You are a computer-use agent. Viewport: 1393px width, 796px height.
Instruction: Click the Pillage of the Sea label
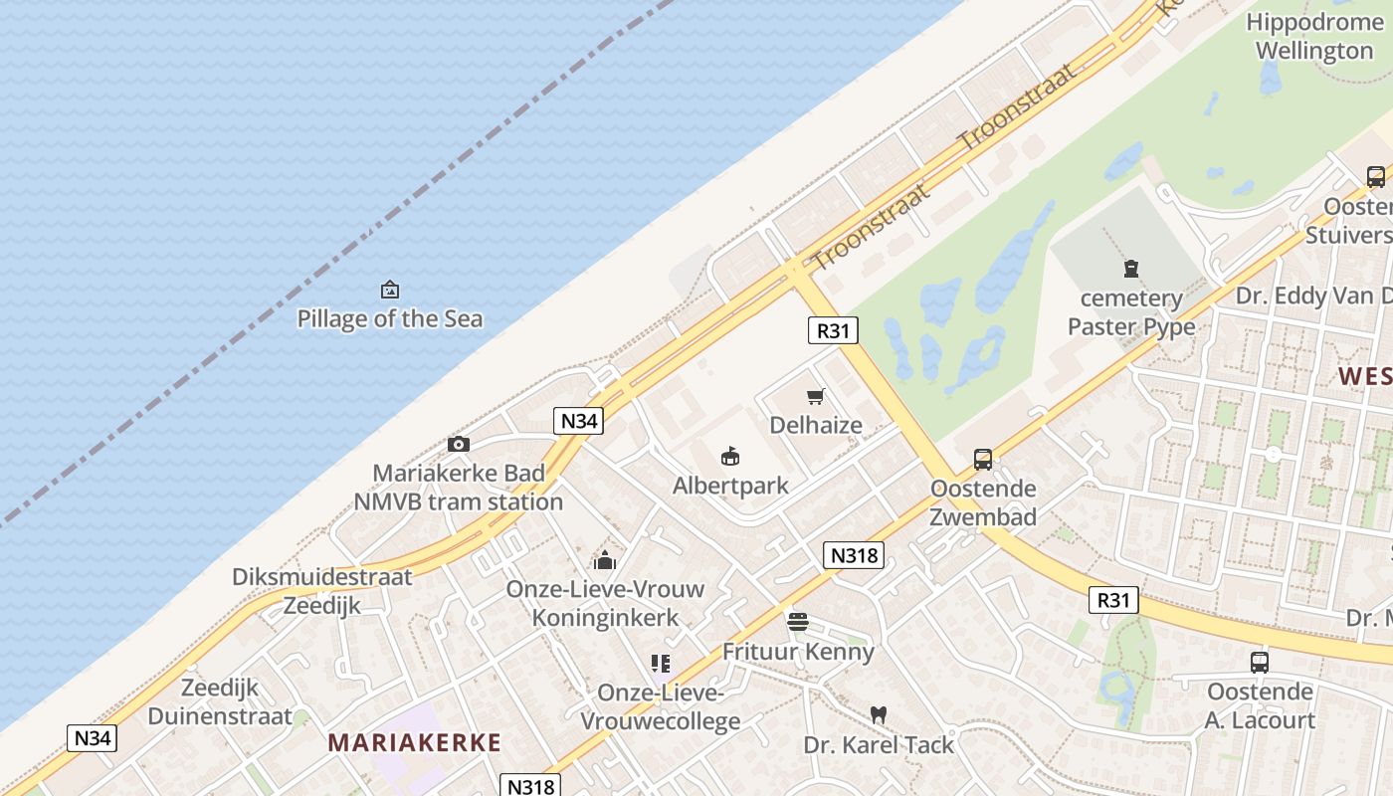[390, 318]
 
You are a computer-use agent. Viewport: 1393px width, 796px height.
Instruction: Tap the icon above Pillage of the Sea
[390, 290]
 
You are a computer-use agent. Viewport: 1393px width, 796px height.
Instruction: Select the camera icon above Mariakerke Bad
[459, 444]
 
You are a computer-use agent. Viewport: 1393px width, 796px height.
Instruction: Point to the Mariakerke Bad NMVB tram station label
[459, 488]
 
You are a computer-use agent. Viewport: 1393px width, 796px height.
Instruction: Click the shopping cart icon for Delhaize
[816, 396]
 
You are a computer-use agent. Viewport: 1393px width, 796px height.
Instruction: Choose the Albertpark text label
[730, 486]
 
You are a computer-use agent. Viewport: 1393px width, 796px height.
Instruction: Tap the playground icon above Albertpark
[730, 457]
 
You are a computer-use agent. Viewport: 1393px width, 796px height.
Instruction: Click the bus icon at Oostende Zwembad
[983, 459]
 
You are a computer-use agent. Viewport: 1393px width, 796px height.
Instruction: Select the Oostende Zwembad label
[983, 502]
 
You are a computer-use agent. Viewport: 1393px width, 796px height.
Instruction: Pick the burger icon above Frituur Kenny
[798, 622]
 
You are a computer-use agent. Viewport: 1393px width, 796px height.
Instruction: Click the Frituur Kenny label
[798, 652]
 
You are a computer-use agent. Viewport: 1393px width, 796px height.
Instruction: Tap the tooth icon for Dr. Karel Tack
[878, 714]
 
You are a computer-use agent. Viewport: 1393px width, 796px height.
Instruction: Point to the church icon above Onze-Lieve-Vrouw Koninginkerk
[605, 559]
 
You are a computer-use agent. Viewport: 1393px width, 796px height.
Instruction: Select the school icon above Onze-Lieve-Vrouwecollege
[661, 663]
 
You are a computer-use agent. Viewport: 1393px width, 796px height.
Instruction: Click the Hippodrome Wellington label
[1313, 36]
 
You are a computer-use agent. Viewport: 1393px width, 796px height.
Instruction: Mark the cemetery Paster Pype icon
[1131, 268]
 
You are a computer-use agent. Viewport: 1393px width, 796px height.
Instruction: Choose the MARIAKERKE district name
[415, 742]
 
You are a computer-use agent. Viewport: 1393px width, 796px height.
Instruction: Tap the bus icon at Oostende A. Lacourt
[1260, 662]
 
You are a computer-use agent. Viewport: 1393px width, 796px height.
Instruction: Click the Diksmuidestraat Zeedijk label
[321, 591]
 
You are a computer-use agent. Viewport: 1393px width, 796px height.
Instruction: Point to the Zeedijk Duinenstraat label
[220, 701]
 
